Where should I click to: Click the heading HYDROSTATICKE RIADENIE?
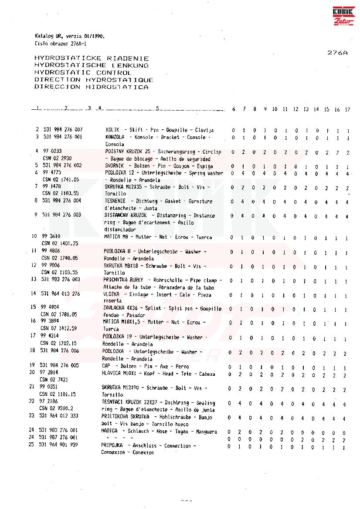tap(91, 58)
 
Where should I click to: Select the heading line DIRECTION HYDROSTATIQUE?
tap(93, 80)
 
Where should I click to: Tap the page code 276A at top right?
tap(337, 52)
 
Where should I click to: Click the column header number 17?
tap(347, 109)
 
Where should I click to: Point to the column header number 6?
tap(234, 109)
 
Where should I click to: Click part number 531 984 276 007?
tap(63, 130)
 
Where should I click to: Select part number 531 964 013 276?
tap(61, 294)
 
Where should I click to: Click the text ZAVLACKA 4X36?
tap(119, 308)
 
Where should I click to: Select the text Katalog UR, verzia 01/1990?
tap(69, 36)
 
